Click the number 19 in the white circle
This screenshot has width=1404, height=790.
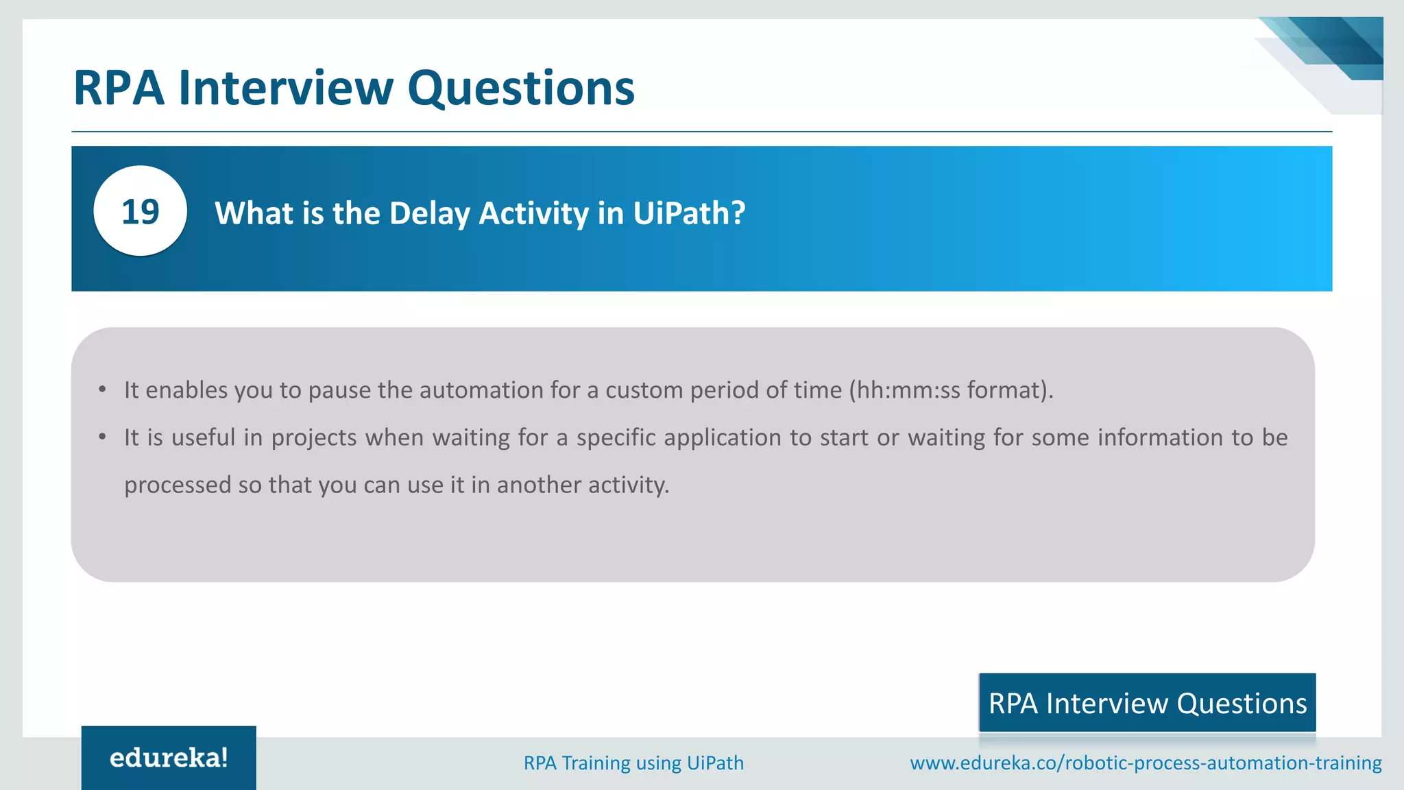(x=141, y=212)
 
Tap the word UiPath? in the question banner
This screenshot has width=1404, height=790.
(x=689, y=213)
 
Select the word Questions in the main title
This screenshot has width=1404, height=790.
(x=521, y=88)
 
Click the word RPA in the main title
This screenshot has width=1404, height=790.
(x=119, y=88)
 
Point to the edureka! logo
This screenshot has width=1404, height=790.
(x=169, y=758)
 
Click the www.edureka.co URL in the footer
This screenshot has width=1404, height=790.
(x=1146, y=763)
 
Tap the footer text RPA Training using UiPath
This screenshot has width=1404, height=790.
(x=633, y=763)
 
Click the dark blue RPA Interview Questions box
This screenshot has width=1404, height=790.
(x=1147, y=703)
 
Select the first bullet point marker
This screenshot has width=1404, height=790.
(x=102, y=390)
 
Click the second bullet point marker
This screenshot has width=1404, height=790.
(x=102, y=438)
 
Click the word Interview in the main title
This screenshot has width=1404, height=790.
(x=286, y=88)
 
